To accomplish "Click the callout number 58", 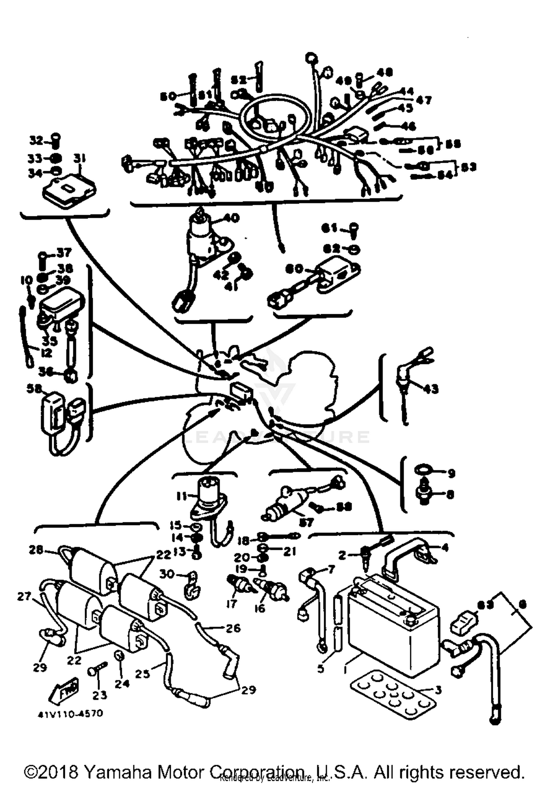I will pyautogui.click(x=34, y=389).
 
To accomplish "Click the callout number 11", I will pyautogui.click(x=182, y=496).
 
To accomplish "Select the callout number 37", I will pyautogui.click(x=64, y=253).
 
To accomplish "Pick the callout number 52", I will pyautogui.click(x=239, y=80).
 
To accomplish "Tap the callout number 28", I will pyautogui.click(x=36, y=550).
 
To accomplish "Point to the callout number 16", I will pyautogui.click(x=260, y=608).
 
